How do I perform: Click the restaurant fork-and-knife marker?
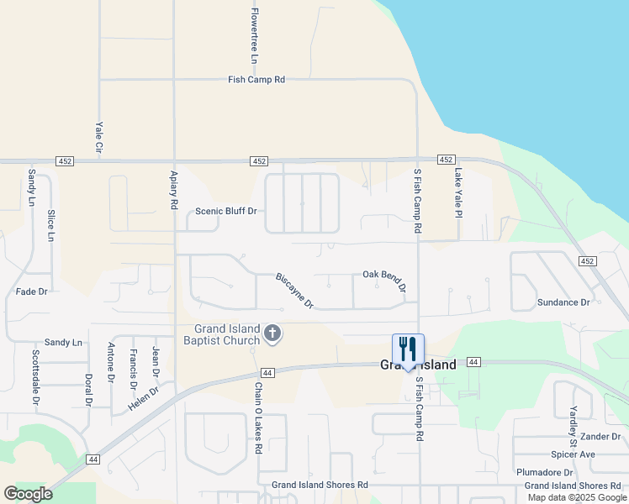coord(408,349)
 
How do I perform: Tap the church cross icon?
coord(272,334)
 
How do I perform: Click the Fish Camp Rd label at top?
coord(256,80)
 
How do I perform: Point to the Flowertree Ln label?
coord(254,36)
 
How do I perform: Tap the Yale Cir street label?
coord(98,135)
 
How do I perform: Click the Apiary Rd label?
coord(174,192)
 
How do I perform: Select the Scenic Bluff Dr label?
coord(226,211)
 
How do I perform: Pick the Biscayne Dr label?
coord(294,289)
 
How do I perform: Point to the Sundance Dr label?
coord(563,302)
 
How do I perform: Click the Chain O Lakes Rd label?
coord(258,418)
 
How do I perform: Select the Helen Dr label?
coord(142,398)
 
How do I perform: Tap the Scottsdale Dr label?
coord(36,377)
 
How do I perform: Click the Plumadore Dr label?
coord(544,473)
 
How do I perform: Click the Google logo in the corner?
coord(28,494)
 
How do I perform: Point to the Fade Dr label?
coord(32,291)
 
